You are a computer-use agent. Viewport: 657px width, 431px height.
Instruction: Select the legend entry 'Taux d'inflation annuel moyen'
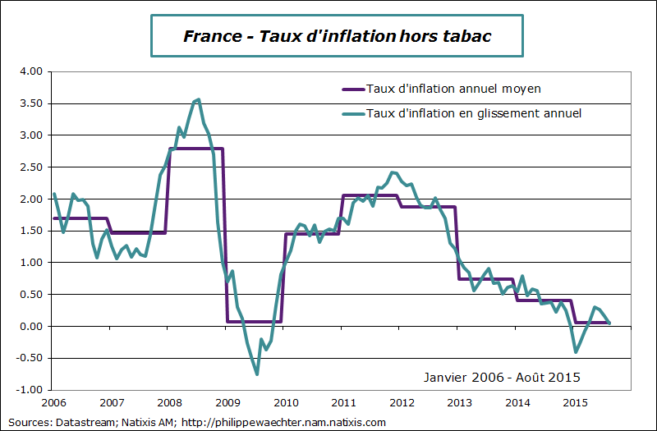pyautogui.click(x=453, y=88)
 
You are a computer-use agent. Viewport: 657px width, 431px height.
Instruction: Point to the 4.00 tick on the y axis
pyautogui.click(x=30, y=71)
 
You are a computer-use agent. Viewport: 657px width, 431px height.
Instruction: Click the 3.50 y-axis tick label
pyautogui.click(x=30, y=103)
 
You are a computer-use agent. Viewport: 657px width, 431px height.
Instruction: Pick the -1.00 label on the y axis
pyautogui.click(x=29, y=390)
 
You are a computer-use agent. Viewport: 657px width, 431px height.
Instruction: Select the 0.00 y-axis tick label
pyautogui.click(x=30, y=327)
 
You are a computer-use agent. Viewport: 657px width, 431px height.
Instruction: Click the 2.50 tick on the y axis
pyautogui.click(x=30, y=167)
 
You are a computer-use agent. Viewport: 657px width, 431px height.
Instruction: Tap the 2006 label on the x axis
pyautogui.click(x=54, y=403)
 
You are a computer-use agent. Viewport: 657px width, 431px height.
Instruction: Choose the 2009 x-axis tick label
pyautogui.click(x=228, y=403)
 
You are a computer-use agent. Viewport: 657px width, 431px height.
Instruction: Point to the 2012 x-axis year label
pyautogui.click(x=402, y=403)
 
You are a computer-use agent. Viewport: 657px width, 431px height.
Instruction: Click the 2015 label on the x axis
pyautogui.click(x=576, y=403)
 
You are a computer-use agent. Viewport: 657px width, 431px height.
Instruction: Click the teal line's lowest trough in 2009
pyautogui.click(x=257, y=374)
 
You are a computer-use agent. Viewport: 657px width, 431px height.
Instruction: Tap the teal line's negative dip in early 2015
pyautogui.click(x=576, y=352)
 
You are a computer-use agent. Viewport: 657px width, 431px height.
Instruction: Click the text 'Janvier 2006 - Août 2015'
pyautogui.click(x=502, y=378)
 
